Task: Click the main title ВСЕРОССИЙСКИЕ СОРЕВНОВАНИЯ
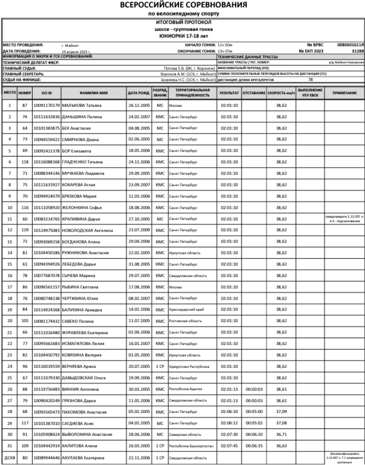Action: pyautogui.click(x=183, y=5)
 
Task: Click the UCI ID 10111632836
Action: pyautogui.click(x=47, y=117)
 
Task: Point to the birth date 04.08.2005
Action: pyautogui.click(x=139, y=129)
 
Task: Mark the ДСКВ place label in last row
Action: pyautogui.click(x=10, y=458)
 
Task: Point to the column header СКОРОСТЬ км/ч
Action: pyautogui.click(x=281, y=92)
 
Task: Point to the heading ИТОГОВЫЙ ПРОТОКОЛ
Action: pyautogui.click(x=183, y=22)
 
